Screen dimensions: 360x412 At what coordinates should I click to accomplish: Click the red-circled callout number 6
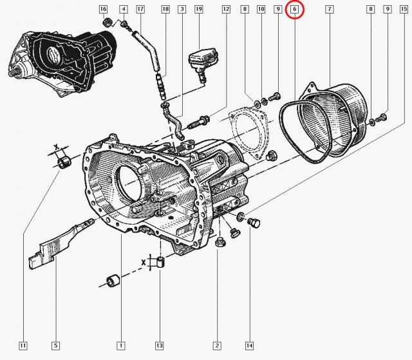tap(294, 10)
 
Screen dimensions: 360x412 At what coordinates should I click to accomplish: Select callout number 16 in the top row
tap(103, 10)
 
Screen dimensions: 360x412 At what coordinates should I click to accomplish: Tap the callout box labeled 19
tap(198, 10)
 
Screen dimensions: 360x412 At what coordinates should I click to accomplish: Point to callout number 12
tap(225, 10)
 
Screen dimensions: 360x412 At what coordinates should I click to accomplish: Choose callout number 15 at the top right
tap(402, 10)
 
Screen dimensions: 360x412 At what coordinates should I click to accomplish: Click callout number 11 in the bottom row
tap(23, 345)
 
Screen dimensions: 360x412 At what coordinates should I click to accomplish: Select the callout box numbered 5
tap(56, 345)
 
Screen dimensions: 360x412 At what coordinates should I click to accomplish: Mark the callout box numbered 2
tap(218, 345)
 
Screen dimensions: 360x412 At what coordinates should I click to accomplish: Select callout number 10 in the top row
tap(261, 10)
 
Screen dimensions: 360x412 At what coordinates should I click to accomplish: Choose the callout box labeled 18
tap(165, 10)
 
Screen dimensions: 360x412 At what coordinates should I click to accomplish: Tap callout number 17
tap(140, 10)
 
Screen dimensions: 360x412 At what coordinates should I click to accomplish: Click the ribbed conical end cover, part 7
tap(341, 119)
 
